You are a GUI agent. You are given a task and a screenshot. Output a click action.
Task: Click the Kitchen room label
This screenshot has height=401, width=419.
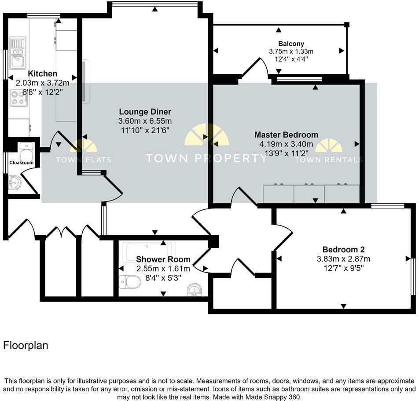tap(43, 73)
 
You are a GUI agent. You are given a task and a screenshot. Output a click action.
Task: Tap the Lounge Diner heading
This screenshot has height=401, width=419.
tap(145, 112)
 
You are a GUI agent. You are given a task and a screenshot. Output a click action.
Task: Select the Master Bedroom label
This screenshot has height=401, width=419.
tap(286, 135)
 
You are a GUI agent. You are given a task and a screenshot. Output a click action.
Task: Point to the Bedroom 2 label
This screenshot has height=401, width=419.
tap(343, 249)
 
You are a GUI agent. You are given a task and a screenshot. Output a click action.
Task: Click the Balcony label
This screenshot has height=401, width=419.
tap(291, 44)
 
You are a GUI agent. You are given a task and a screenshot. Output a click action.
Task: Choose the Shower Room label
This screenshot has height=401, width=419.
tap(163, 259)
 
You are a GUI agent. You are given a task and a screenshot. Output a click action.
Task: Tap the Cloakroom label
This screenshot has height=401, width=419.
tap(22, 163)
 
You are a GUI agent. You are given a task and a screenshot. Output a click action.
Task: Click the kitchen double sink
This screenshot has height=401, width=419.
tap(18, 52)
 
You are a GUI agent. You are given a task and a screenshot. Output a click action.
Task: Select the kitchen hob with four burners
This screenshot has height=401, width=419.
tap(18, 98)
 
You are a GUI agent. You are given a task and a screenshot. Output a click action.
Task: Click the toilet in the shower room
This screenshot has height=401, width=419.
tap(130, 282)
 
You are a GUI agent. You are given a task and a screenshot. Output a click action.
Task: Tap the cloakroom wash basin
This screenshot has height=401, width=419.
tap(15, 183)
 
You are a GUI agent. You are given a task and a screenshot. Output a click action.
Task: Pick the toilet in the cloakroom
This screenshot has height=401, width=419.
tap(26, 151)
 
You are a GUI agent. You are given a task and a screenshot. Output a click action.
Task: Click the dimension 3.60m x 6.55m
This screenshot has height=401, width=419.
tap(145, 121)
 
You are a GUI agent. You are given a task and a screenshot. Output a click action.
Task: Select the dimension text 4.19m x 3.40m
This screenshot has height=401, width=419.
tap(286, 144)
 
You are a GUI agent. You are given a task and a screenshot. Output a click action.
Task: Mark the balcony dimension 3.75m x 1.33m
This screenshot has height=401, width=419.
tap(291, 51)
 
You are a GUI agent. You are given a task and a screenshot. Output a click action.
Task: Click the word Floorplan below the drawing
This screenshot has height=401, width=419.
tap(26, 346)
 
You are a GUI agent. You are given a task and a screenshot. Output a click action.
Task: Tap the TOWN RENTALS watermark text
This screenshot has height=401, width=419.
tap(329, 160)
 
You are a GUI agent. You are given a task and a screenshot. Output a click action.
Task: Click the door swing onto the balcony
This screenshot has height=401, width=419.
tap(255, 67)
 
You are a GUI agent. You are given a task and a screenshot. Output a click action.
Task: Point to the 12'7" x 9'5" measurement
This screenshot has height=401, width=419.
tap(343, 268)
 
